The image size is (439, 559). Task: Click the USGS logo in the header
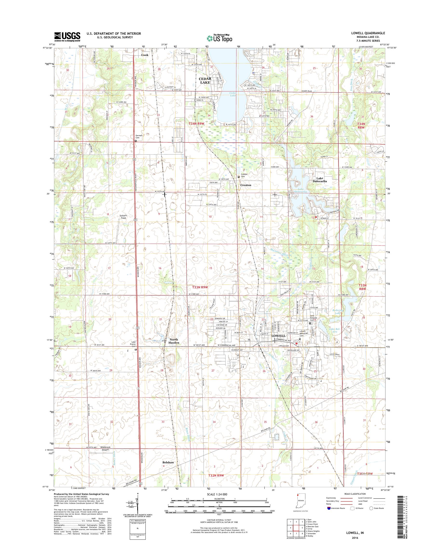pos(67,37)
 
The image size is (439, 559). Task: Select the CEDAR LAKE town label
pos(205,81)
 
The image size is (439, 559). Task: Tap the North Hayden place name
pos(173,341)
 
